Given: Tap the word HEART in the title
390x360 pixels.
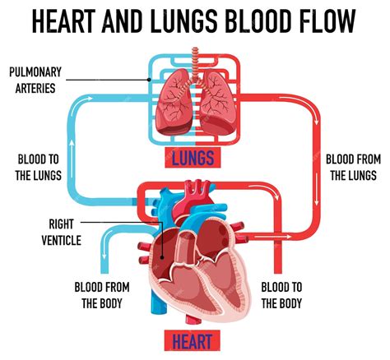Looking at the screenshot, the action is point(63,21).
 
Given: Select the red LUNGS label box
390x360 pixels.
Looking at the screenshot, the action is point(193,158).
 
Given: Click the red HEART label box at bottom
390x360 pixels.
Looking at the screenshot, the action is point(193,340).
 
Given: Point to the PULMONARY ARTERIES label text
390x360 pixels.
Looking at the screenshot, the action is point(35,80).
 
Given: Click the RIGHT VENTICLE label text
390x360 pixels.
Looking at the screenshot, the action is point(62,232).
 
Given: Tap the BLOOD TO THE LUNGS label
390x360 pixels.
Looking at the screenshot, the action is point(38,168).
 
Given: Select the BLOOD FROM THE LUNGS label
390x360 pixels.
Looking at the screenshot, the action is point(353,168).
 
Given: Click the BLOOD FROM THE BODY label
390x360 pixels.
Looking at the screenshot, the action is point(102,295).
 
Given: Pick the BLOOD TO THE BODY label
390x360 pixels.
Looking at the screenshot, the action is point(281,295).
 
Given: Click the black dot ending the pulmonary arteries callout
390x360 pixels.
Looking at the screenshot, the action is point(149,80).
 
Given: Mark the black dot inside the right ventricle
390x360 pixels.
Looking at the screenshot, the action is point(162,257).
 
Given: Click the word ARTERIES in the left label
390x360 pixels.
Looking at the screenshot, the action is point(35,88).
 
